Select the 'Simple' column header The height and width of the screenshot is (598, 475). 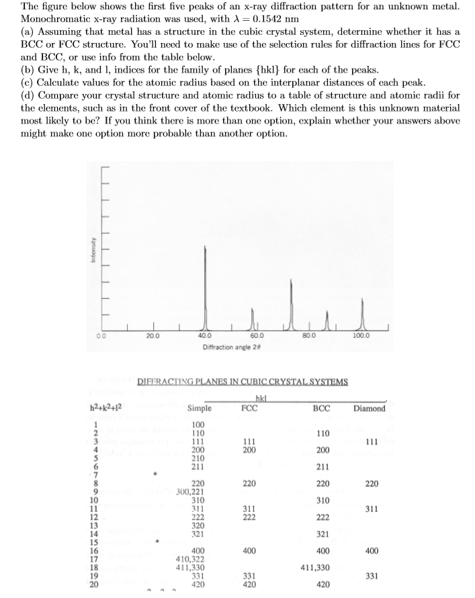(x=200, y=408)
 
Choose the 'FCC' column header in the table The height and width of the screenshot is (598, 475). (x=249, y=408)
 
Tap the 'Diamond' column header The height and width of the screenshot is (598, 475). (x=369, y=408)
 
